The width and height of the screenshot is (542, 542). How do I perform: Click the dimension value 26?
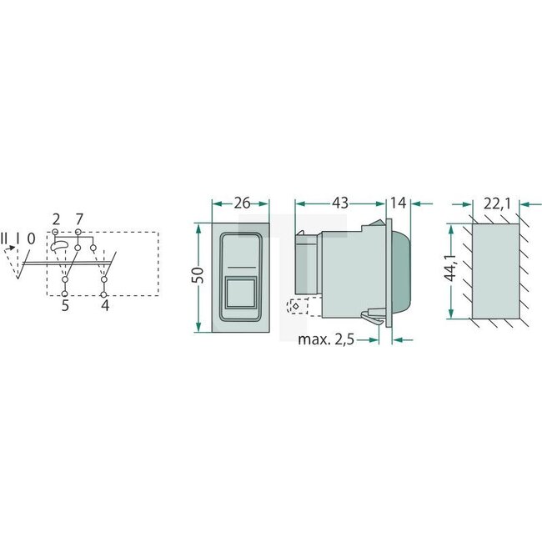[x=242, y=203]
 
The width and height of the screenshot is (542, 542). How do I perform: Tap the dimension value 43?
[x=341, y=203]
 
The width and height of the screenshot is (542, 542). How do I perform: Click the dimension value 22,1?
[x=497, y=203]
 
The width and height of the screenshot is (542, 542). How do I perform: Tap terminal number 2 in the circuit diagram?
[x=56, y=219]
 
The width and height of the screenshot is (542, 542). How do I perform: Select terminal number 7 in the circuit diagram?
[x=78, y=219]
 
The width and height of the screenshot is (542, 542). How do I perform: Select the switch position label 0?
[x=30, y=238]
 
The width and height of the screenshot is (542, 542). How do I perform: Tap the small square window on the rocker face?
[x=242, y=293]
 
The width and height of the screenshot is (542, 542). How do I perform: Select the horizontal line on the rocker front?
[x=242, y=267]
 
